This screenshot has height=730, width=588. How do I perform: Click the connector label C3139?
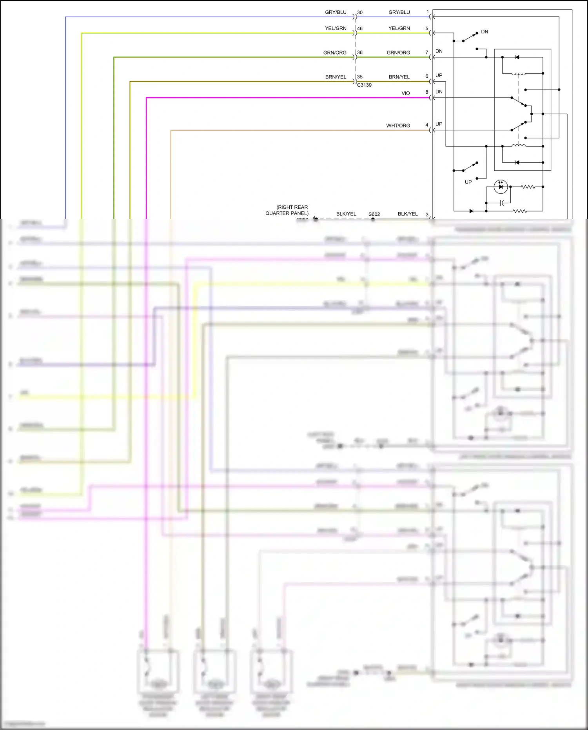[364, 85]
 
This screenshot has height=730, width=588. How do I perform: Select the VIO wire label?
[405, 93]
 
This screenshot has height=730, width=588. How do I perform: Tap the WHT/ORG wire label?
[398, 126]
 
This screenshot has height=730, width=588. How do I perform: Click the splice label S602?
[374, 214]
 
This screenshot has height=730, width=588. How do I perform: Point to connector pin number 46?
[360, 29]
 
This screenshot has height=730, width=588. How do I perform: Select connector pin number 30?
[360, 13]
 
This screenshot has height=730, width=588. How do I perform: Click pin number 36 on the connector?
[360, 53]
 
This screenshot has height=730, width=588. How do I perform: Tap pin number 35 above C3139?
[360, 77]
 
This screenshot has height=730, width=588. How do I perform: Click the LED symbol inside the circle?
[501, 187]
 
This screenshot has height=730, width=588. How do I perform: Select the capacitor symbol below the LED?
[502, 203]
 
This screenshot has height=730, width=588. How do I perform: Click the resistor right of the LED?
[528, 187]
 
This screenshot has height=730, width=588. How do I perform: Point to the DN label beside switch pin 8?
[439, 92]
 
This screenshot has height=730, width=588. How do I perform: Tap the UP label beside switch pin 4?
[439, 124]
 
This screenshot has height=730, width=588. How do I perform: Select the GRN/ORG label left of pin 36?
[335, 53]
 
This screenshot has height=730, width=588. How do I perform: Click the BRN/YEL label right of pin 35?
[399, 77]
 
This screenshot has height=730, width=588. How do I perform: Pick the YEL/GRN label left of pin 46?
[336, 28]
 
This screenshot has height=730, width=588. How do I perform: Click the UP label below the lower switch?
[468, 182]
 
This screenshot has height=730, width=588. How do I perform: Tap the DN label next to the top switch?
[485, 32]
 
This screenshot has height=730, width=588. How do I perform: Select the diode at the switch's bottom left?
[471, 211]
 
